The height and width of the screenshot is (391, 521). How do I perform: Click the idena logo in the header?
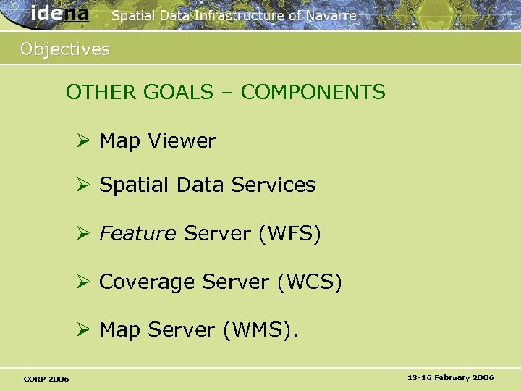pos(60,14)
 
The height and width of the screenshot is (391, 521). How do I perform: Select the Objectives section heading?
pos(65,49)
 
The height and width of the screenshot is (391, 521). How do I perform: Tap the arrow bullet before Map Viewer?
pos(85,140)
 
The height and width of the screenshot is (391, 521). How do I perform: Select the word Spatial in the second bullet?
pos(131,185)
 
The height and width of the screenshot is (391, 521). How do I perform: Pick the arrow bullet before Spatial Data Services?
pos(85,185)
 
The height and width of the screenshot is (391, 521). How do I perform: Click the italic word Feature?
pos(137,234)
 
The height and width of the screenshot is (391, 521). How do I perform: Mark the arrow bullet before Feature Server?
pos(85,234)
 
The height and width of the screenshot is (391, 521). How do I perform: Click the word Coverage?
pos(147,282)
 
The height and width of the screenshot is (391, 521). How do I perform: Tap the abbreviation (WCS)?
pos(309,282)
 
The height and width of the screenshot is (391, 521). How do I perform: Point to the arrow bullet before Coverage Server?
pos(85,282)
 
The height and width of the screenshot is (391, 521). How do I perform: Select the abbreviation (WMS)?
pos(259,329)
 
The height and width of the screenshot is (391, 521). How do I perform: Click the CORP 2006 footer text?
pos(46,379)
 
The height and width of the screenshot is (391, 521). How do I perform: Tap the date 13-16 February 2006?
pos(450,378)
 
